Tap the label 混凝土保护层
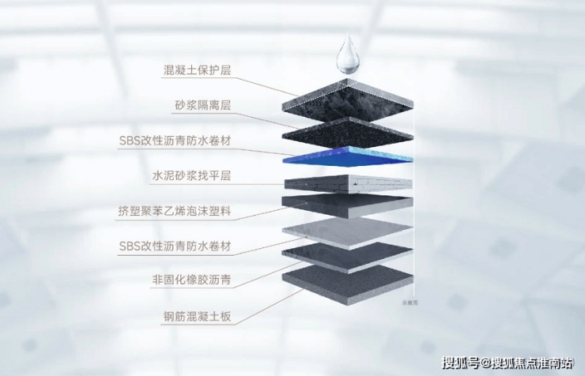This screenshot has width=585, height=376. (x=198, y=70)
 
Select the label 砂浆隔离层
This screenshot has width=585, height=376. (x=203, y=106)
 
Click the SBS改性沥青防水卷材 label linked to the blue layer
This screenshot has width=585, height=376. (x=175, y=141)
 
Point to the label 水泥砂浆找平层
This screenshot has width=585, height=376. (x=192, y=175)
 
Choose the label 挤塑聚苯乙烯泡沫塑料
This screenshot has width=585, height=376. (x=175, y=211)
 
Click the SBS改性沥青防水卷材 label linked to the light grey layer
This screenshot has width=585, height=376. (x=175, y=246)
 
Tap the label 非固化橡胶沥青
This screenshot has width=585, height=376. (x=192, y=280)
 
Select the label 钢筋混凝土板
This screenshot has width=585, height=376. (x=198, y=317)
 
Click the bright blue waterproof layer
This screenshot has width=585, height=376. (x=348, y=157)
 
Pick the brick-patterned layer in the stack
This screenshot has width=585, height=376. (x=348, y=184)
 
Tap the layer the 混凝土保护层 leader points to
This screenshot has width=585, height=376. (x=347, y=99)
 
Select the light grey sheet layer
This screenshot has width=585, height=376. (x=347, y=234)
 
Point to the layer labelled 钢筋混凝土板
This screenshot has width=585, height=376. (x=347, y=284)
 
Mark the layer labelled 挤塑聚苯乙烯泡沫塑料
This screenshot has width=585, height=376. (x=347, y=206)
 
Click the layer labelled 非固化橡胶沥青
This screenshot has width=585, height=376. (x=347, y=258)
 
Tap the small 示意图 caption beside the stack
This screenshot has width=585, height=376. (x=409, y=303)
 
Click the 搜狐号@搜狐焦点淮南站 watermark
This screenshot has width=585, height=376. (x=507, y=363)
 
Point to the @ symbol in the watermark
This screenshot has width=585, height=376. (x=485, y=363)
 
